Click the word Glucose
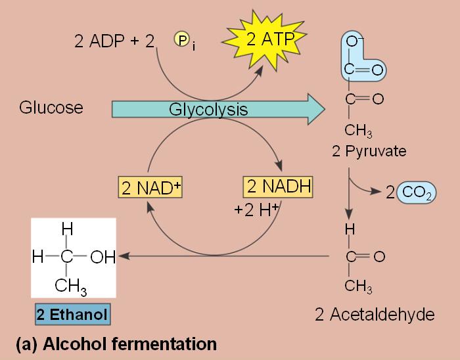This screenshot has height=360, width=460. coord(51,108)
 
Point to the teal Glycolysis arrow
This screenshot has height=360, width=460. coord(217,109)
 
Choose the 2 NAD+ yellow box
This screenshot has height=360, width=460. coord(150,187)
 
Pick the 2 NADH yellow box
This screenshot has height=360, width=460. coord(277,187)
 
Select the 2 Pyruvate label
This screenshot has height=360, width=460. coord(369,152)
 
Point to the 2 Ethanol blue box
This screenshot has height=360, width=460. coord(73,314)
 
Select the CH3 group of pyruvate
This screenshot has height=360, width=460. coord(359,129)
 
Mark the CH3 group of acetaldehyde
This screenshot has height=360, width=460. coord(359,286)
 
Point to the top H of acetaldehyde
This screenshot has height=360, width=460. coord(350,229)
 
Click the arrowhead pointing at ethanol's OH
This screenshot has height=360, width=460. coord(123,256)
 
